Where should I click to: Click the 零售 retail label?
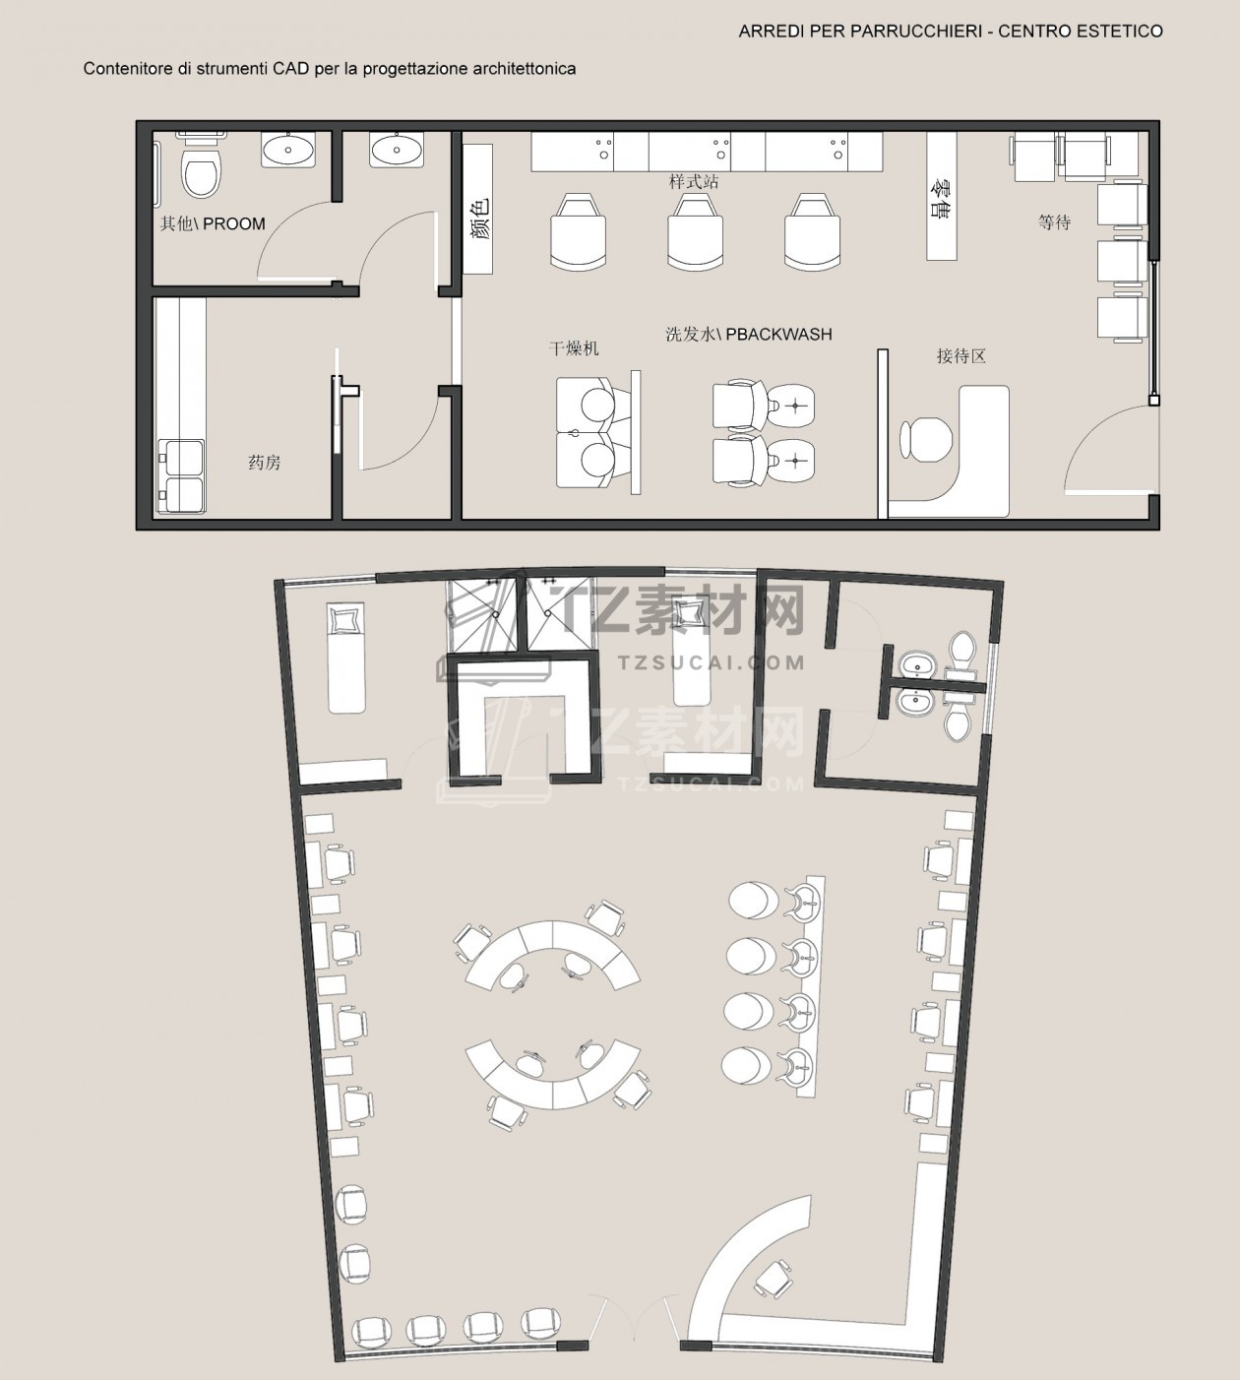point(941,198)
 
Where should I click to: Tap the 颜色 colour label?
point(479,219)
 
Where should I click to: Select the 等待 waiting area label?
point(1054,222)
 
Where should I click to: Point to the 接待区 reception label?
point(961,355)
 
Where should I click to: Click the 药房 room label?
point(265,462)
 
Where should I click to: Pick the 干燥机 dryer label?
point(573,348)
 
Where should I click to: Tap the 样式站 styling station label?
point(694,182)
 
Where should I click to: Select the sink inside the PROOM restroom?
point(288,150)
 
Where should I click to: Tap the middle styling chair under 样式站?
point(695,230)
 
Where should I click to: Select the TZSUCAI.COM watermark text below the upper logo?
point(712,662)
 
